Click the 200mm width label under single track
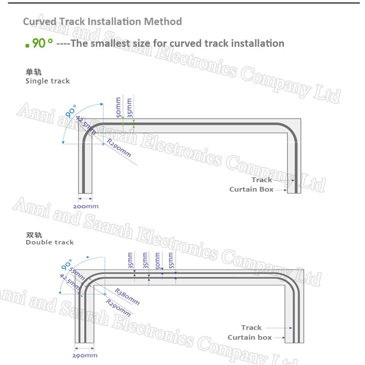[86, 206]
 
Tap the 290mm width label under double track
[85, 356]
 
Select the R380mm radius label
[127, 296]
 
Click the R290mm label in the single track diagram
[119, 148]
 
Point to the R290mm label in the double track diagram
[118, 308]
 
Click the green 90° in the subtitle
[42, 43]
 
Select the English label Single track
[47, 81]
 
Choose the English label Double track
[50, 242]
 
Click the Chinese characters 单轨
[34, 72]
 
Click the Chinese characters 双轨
[34, 235]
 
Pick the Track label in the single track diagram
[262, 180]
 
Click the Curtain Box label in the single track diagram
[251, 189]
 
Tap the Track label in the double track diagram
[251, 327]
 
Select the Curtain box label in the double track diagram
[250, 337]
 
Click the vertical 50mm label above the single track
[119, 107]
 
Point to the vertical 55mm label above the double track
[171, 260]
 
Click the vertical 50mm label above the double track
[158, 261]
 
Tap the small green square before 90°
[27, 46]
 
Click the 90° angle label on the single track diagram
[70, 111]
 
